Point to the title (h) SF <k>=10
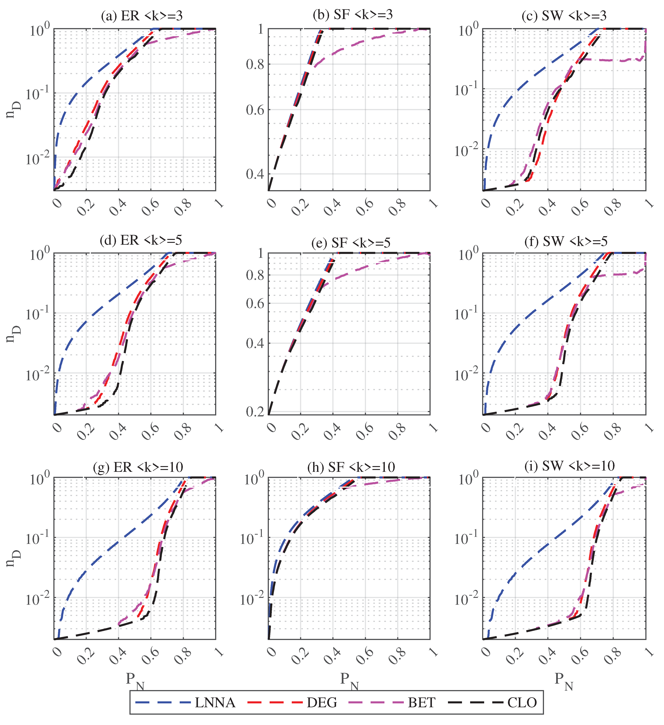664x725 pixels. pyautogui.click(x=351, y=467)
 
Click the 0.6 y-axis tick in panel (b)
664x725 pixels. pyautogui.click(x=255, y=110)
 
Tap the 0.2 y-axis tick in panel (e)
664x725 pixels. pyautogui.click(x=255, y=412)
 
